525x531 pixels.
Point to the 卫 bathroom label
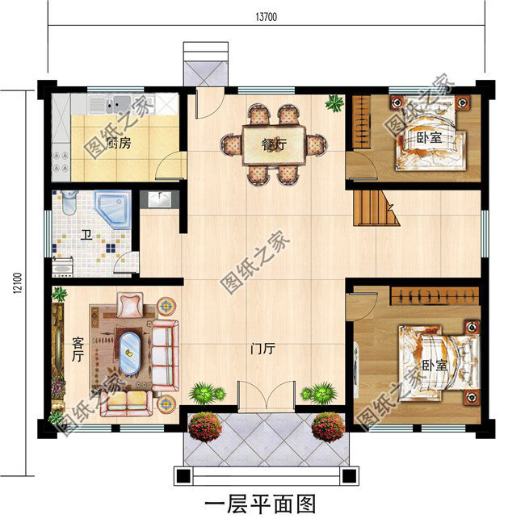point(85,236)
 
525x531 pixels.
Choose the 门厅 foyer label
point(262,349)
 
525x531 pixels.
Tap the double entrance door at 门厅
point(262,395)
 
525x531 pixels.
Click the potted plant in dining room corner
point(333,102)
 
